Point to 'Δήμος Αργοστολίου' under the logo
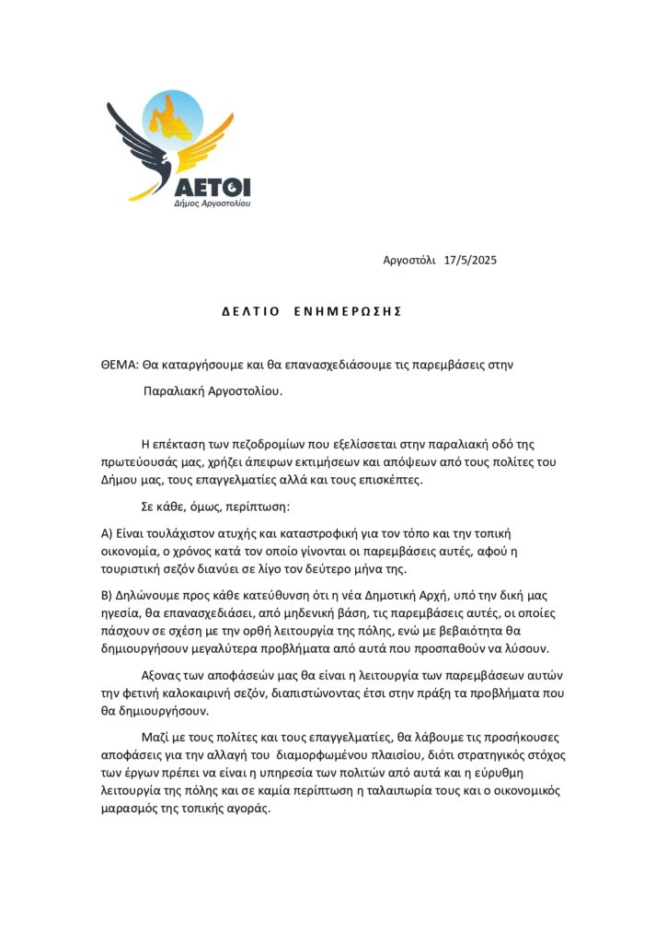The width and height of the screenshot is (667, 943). pyautogui.click(x=213, y=202)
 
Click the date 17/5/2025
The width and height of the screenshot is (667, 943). pyautogui.click(x=470, y=261)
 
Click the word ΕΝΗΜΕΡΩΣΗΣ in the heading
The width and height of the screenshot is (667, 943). pyautogui.click(x=349, y=311)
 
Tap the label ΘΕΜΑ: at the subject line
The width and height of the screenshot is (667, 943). pyautogui.click(x=120, y=364)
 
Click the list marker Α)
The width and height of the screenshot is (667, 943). pyautogui.click(x=107, y=533)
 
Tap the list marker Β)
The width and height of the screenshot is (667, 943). pyautogui.click(x=107, y=595)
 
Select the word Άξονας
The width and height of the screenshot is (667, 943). pyautogui.click(x=164, y=676)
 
